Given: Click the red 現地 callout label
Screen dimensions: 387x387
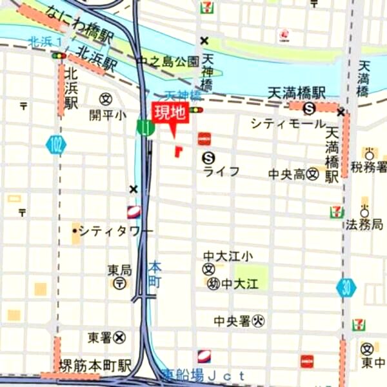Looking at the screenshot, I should (x=170, y=113).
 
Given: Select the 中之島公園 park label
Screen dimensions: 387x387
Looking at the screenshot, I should (x=168, y=62).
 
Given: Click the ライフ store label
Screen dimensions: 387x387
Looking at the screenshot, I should (x=221, y=171).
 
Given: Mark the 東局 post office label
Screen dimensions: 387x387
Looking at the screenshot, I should (x=119, y=270).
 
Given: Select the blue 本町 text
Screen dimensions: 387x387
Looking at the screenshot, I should (x=155, y=273).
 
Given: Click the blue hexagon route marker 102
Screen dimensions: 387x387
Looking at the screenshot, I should (x=56, y=145).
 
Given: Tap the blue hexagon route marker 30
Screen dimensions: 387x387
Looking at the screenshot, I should (x=346, y=288).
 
